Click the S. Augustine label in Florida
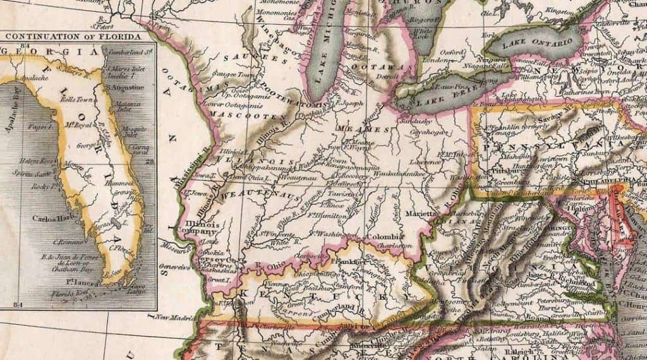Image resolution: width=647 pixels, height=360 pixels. click(x=124, y=87)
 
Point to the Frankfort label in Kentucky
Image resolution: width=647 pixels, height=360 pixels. click(x=349, y=261)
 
